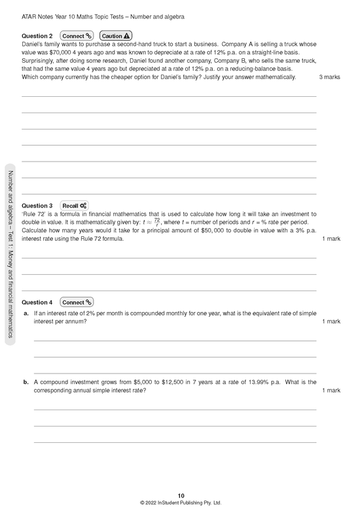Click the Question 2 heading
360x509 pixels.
[x=37, y=35]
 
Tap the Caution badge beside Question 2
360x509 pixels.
[x=117, y=35]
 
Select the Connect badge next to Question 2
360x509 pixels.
[x=77, y=35]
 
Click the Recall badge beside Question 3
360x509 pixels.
[x=75, y=205]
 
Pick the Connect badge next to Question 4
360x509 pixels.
[x=77, y=302]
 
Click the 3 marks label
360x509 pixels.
[x=329, y=77]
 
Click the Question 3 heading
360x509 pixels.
[x=37, y=205]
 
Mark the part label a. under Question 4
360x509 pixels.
[x=26, y=314]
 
